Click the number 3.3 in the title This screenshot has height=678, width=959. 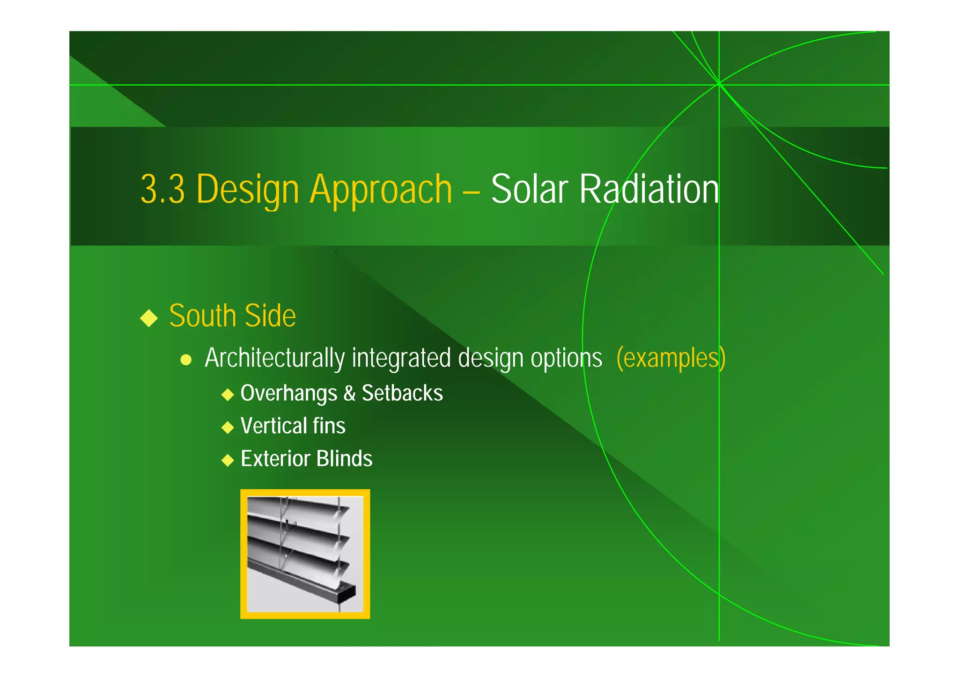coord(162,190)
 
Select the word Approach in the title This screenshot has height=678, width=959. coord(381,190)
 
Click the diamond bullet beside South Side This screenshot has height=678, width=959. coord(149,318)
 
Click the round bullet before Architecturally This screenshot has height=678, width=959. coord(186,360)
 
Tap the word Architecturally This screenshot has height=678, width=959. coord(274,358)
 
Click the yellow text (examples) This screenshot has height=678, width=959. coord(671,358)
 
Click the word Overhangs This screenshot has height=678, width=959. coord(288,393)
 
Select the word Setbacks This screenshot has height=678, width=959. coord(402,393)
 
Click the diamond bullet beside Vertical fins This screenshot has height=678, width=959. coord(228,427)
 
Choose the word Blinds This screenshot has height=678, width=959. coord(344,459)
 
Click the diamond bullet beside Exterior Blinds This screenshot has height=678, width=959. coord(228,460)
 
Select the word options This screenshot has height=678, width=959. coord(566,358)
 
